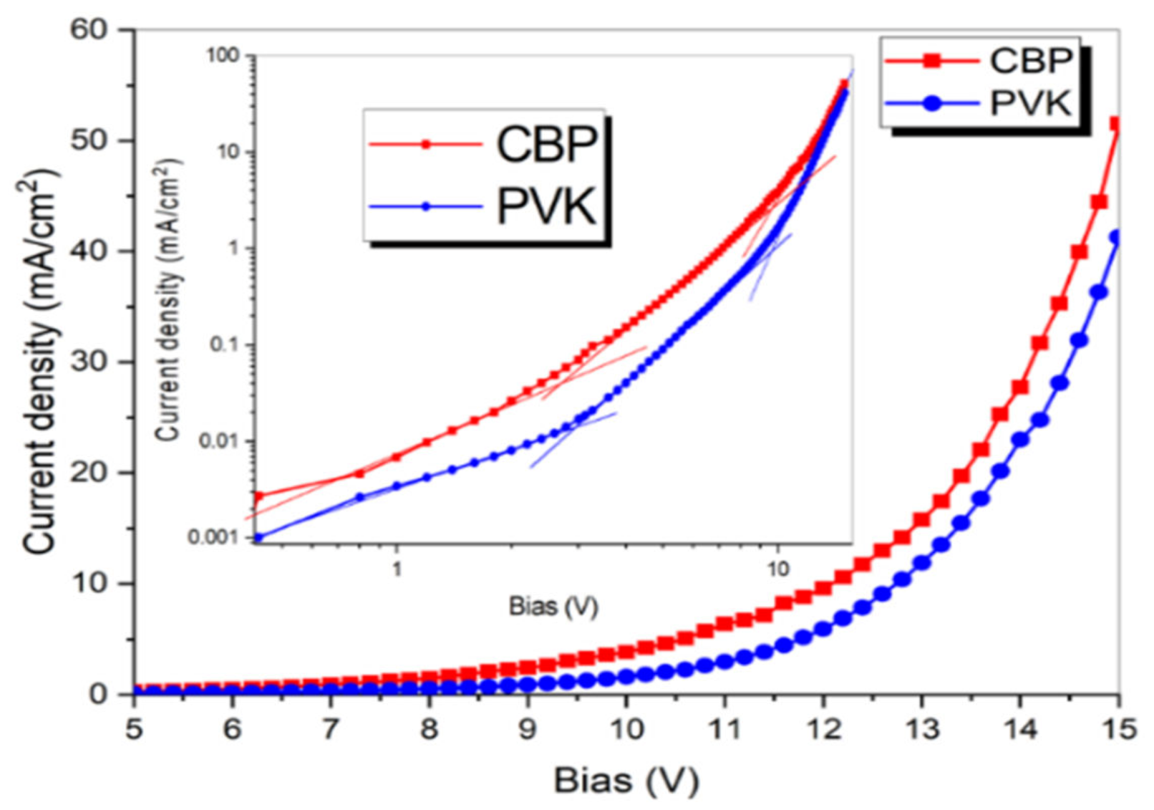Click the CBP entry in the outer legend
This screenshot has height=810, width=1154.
point(1029,61)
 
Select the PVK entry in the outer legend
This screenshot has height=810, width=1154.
point(1029,103)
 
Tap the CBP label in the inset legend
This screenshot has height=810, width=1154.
point(546,145)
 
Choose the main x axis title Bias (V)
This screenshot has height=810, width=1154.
point(626,781)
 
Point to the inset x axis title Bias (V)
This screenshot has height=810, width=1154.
point(552,607)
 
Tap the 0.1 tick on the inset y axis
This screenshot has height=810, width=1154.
point(223,345)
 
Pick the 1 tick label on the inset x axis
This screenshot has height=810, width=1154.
point(397,569)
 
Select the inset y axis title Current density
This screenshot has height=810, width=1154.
point(168,299)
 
